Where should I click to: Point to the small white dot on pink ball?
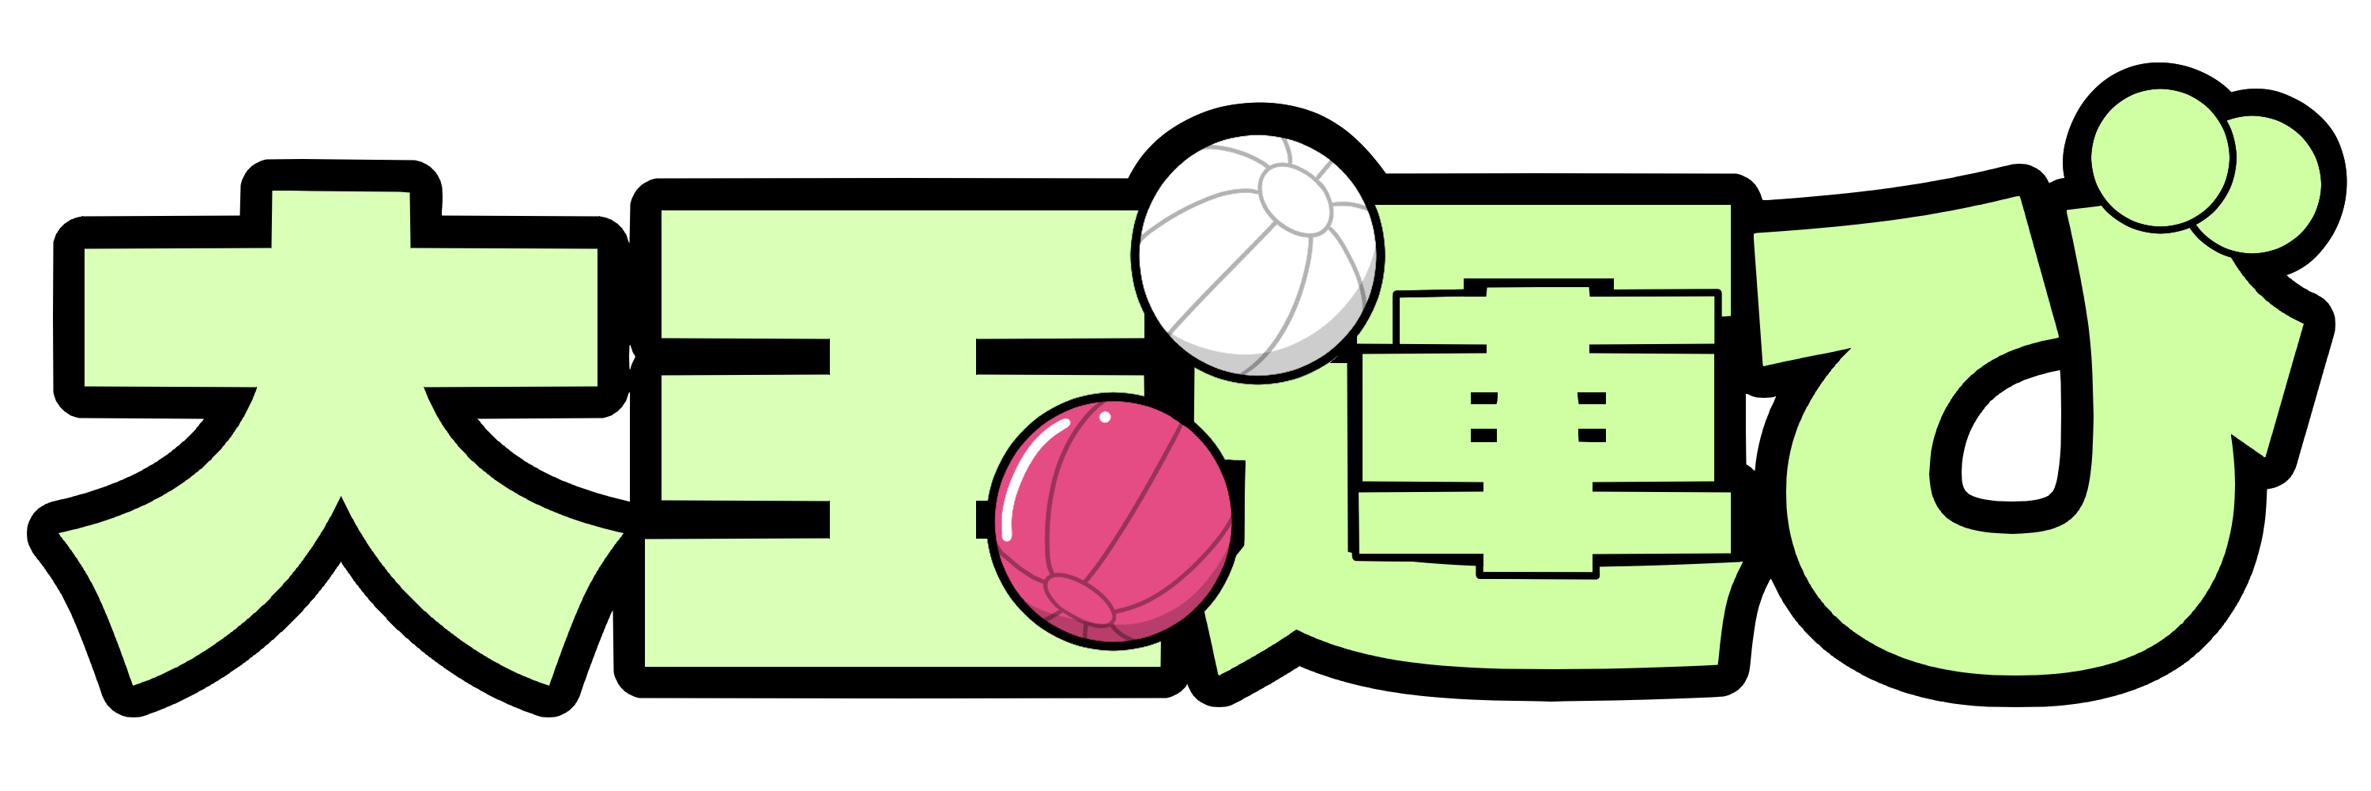coord(1106,417)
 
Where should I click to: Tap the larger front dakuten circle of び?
coord(2160,157)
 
